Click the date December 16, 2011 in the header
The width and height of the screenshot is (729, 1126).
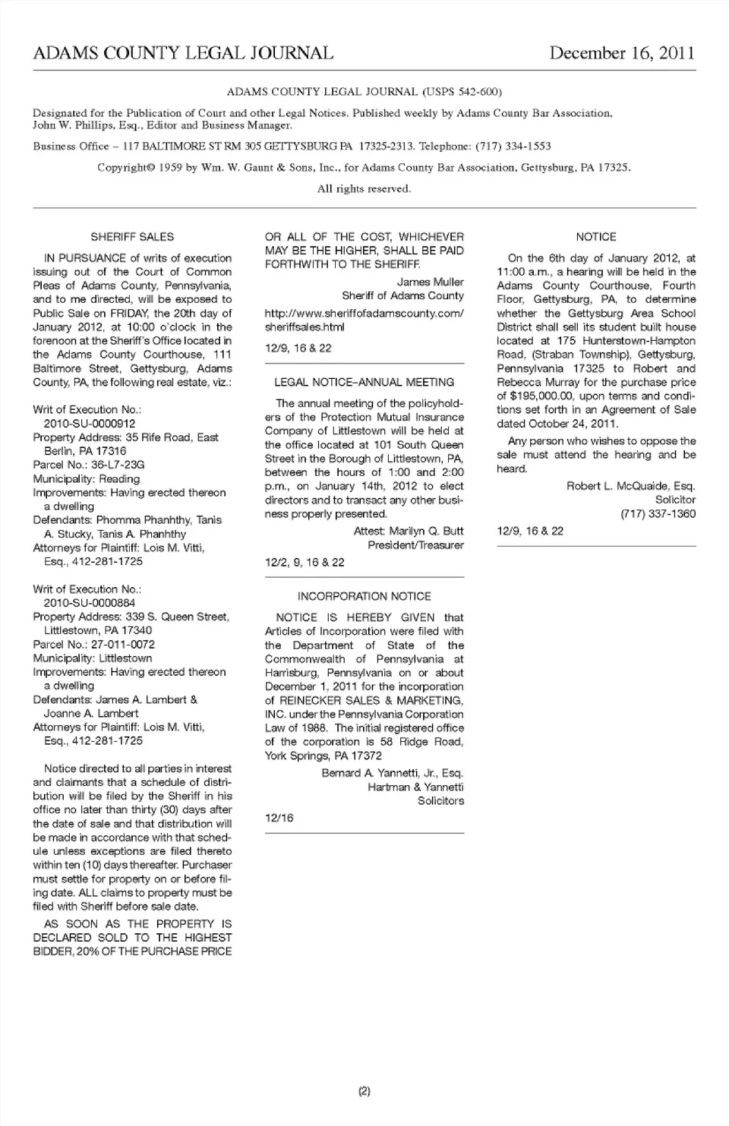[x=621, y=52]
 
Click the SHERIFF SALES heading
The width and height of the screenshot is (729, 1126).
[x=132, y=237]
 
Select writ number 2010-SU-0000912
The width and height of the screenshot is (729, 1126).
[x=90, y=424]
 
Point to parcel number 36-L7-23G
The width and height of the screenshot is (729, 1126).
[x=118, y=465]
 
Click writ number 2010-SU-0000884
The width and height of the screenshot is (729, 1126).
[x=90, y=603]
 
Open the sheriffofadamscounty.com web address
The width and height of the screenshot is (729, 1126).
[x=364, y=320]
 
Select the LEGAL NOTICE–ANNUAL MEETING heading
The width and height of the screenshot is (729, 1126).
[x=364, y=382]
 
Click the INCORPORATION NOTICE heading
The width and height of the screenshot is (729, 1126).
[x=364, y=596]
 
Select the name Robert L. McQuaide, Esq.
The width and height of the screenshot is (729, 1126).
[x=630, y=486]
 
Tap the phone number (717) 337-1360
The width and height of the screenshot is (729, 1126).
[x=658, y=513]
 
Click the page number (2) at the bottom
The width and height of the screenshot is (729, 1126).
[x=364, y=1091]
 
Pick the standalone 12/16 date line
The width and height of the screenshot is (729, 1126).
[x=279, y=818]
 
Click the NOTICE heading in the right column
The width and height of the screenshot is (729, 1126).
[x=596, y=237]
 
